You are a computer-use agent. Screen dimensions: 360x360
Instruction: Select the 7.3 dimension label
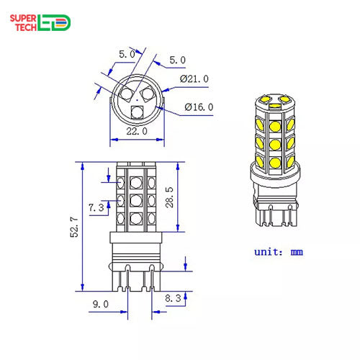(96, 207)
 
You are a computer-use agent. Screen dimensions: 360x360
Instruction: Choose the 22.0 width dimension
(137, 132)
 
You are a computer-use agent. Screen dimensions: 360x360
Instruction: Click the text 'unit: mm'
(279, 252)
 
